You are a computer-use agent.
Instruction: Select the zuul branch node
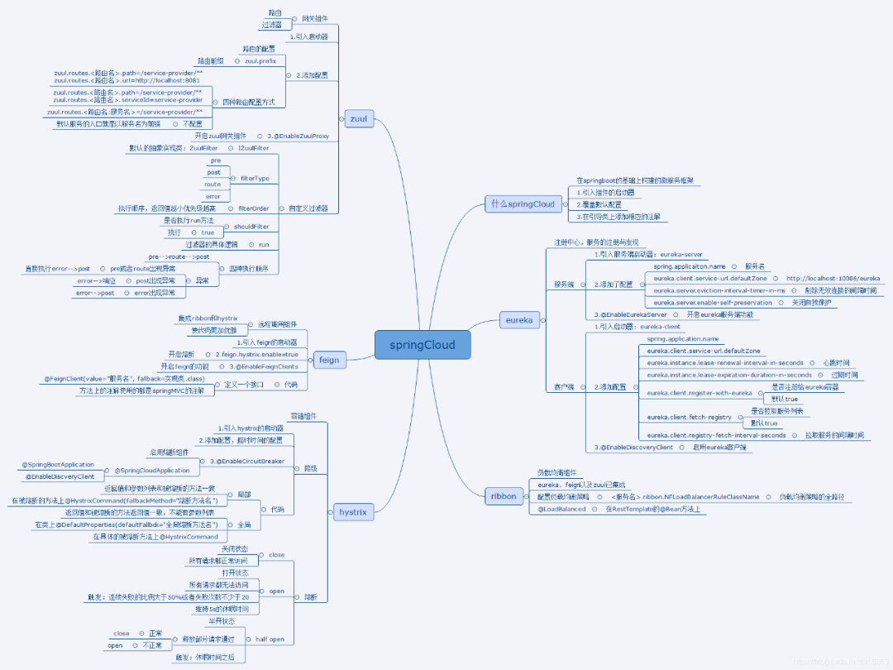click(358, 119)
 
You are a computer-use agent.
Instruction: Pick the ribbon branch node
click(504, 496)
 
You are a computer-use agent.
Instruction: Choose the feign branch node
click(329, 360)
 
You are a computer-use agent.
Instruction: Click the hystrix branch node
click(353, 512)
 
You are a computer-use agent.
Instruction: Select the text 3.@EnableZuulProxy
click(298, 136)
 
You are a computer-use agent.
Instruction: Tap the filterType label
click(254, 178)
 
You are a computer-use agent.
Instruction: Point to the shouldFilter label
click(251, 226)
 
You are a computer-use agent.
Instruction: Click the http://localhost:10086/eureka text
click(833, 279)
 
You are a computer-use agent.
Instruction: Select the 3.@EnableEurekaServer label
click(630, 314)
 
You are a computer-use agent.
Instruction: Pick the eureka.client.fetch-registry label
click(689, 418)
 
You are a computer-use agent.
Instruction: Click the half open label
click(270, 639)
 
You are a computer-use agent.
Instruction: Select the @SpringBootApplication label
click(59, 465)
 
